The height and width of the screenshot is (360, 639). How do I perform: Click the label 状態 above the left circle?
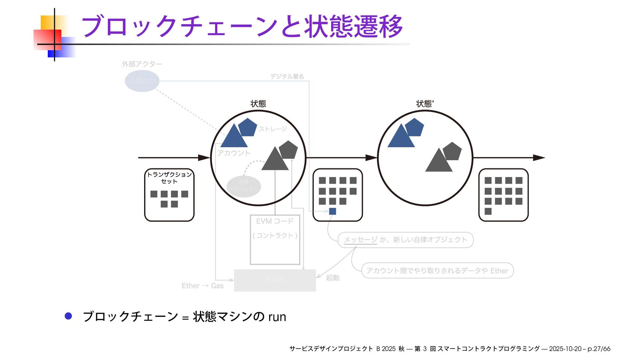[x=258, y=104]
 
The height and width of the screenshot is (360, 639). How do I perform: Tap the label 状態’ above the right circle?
[x=425, y=104]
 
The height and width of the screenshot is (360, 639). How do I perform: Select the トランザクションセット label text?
[x=169, y=178]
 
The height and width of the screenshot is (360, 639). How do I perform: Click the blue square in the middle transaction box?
[x=332, y=211]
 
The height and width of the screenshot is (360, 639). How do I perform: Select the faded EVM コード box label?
[x=275, y=221]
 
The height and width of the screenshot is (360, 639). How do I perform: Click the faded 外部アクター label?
[x=142, y=64]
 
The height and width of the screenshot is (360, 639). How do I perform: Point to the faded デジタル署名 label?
[x=287, y=77]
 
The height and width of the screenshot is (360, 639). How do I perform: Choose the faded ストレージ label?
[x=273, y=129]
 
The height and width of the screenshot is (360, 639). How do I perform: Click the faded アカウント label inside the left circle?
[x=234, y=153]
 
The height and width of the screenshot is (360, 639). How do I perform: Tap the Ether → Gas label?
[x=202, y=286]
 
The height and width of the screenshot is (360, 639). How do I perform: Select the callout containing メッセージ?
[x=405, y=240]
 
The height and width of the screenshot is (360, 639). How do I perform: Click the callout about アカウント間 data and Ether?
[x=437, y=271]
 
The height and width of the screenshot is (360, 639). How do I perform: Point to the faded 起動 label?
[x=332, y=278]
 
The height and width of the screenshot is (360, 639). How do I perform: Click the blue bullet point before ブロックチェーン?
[x=68, y=316]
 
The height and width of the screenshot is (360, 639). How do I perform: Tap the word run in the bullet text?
[x=277, y=317]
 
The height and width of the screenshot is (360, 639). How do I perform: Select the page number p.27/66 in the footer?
[x=599, y=349]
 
